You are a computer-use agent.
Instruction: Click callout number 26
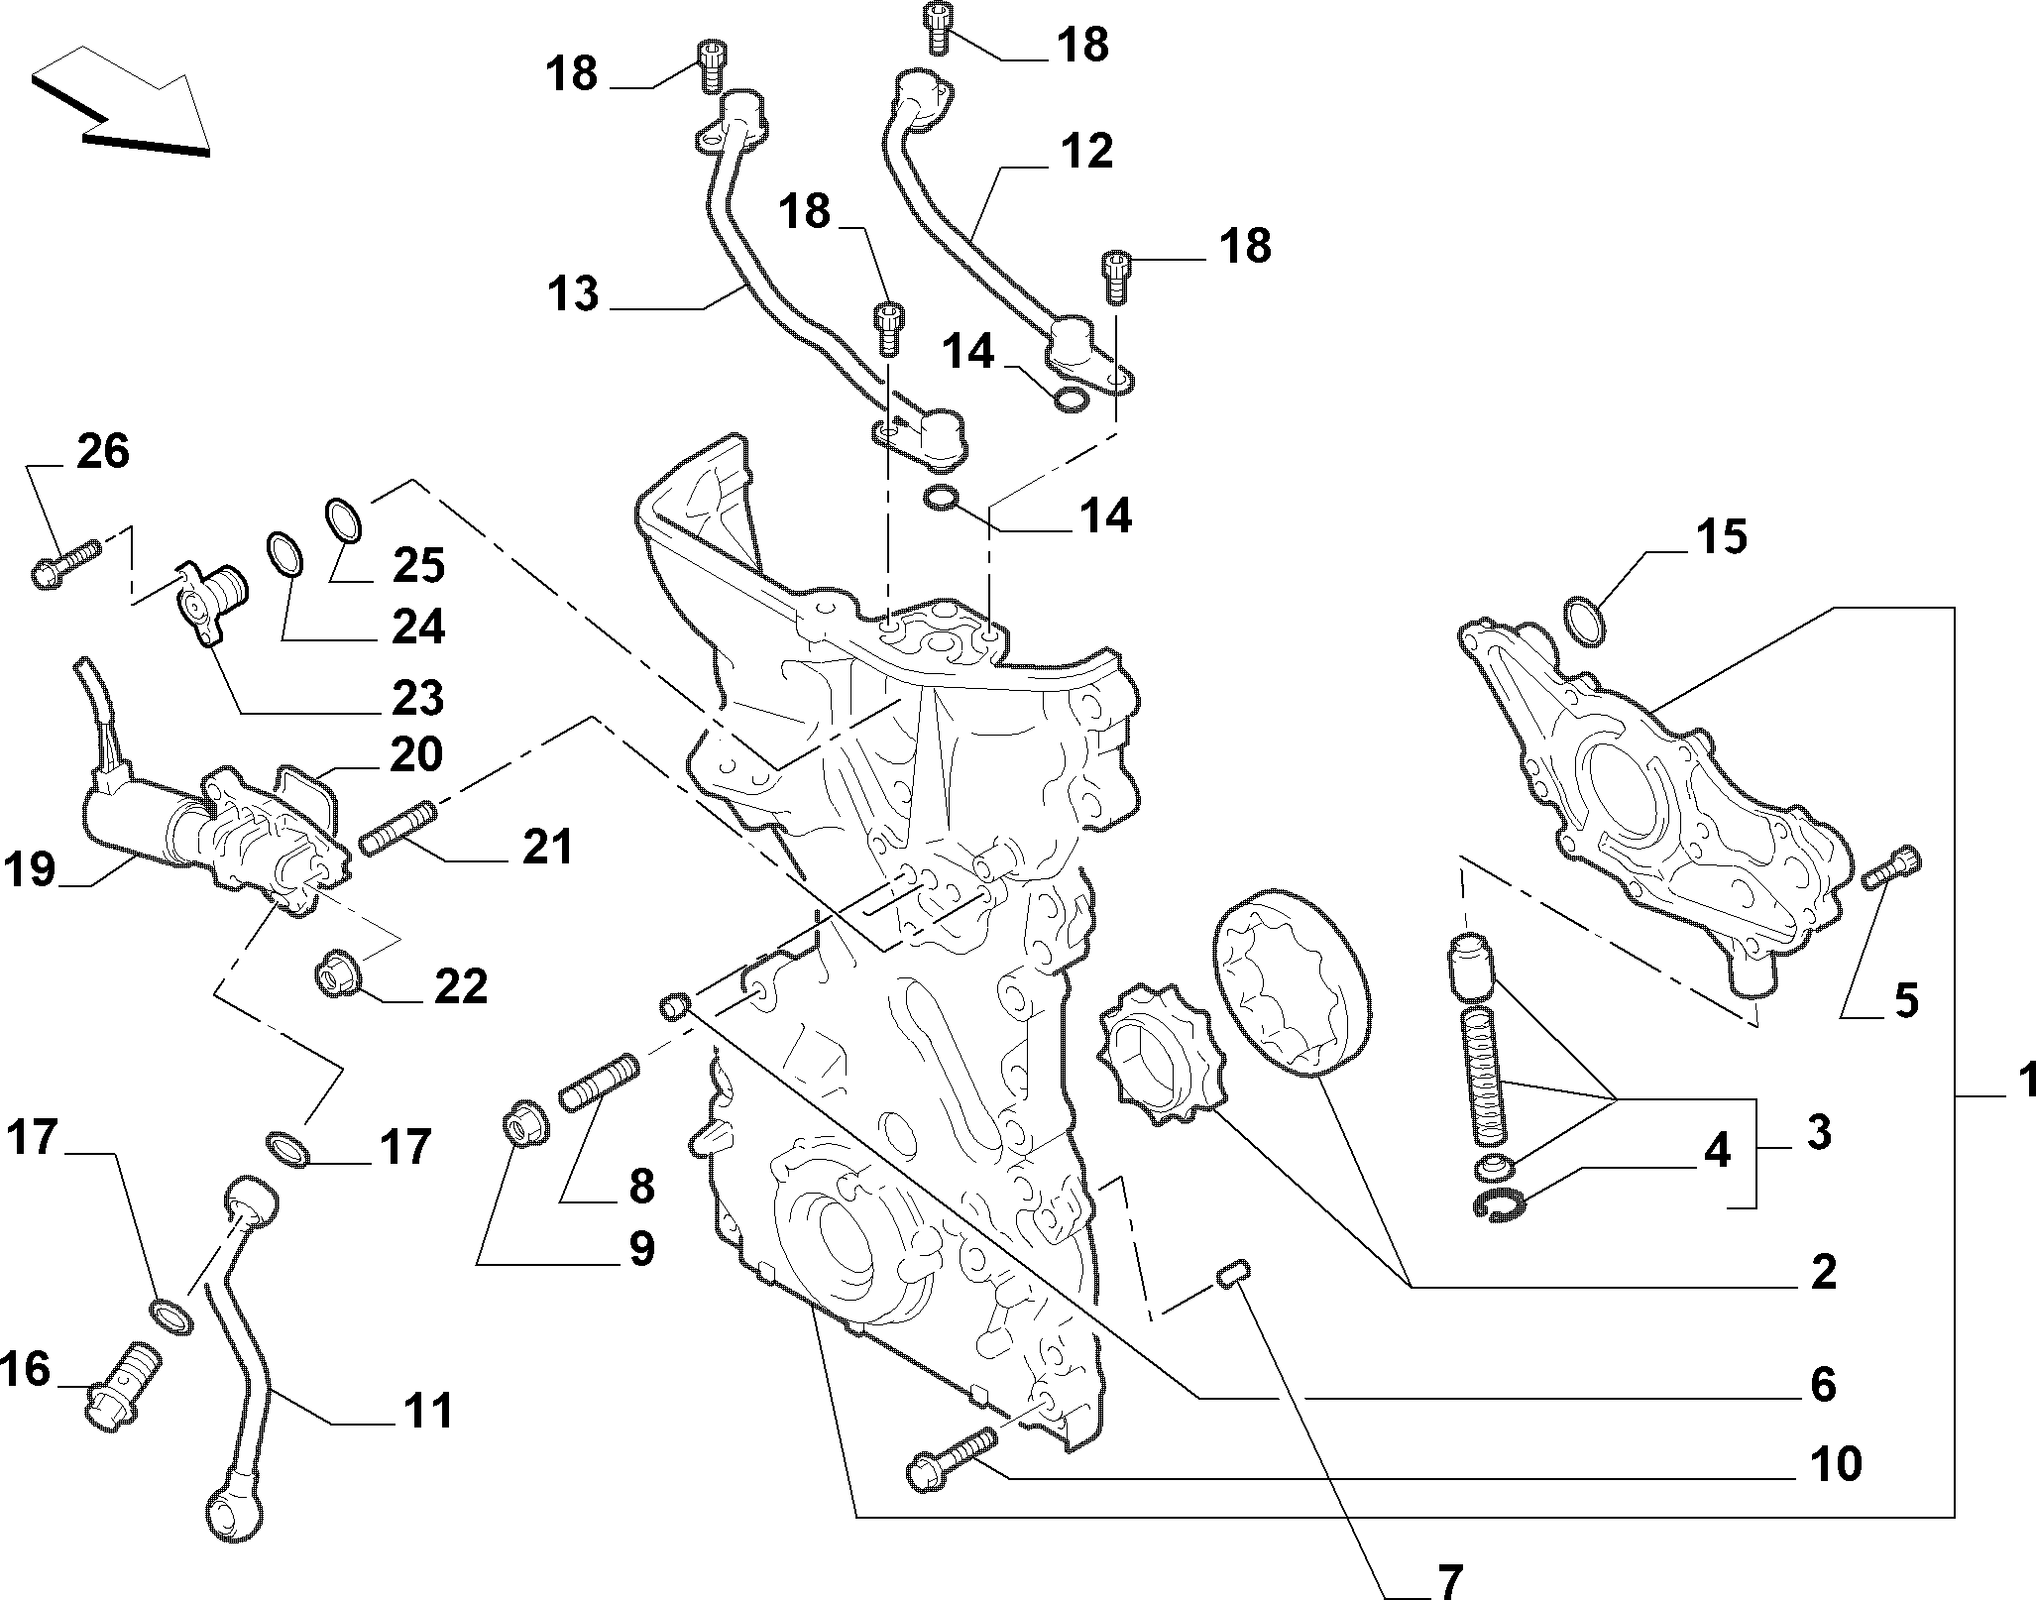pos(103,452)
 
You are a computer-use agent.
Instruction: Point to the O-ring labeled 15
pos(1585,622)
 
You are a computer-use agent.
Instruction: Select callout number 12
pos(1085,152)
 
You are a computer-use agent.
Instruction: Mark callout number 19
pos(30,871)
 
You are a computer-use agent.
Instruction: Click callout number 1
pos(2022,1080)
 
